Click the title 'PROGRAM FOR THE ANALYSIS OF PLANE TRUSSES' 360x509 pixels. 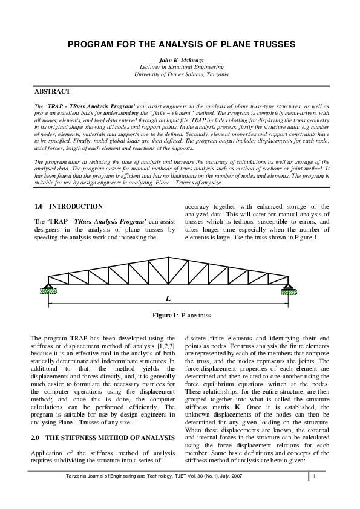tap(181, 45)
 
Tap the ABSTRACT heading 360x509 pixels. tap(52, 91)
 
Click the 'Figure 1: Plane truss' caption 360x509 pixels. tap(181, 315)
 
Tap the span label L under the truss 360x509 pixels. tap(168, 299)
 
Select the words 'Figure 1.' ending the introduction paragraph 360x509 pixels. tap(305, 238)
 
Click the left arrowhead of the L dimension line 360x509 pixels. tap(53, 303)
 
